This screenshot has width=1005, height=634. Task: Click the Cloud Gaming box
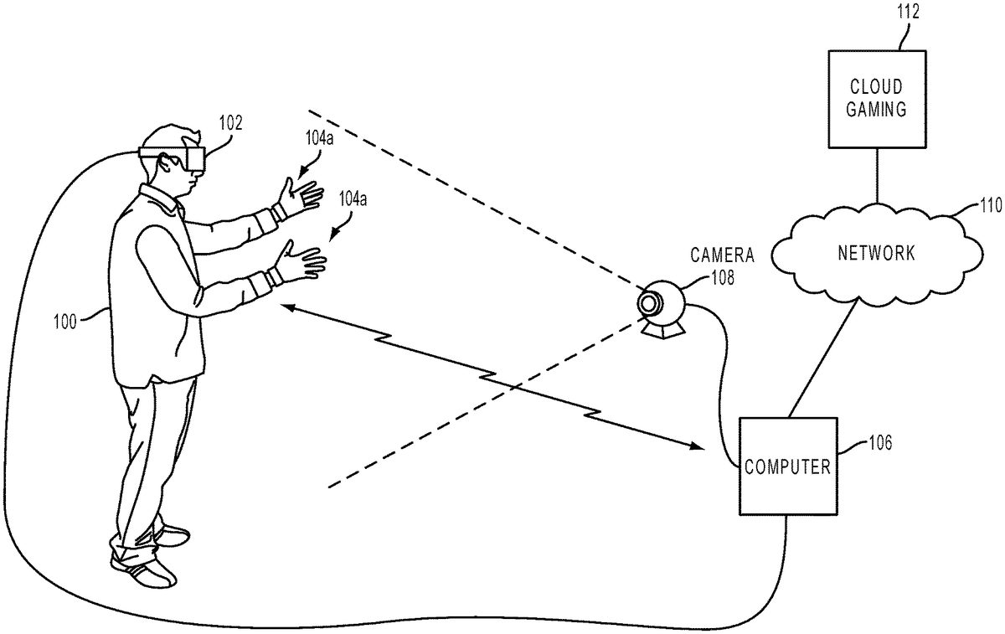click(x=876, y=98)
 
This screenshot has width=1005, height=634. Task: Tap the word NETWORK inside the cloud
click(x=876, y=252)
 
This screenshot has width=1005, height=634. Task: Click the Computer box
click(x=787, y=466)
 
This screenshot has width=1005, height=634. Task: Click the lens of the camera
click(x=651, y=302)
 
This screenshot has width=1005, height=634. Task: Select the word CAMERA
click(x=723, y=255)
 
